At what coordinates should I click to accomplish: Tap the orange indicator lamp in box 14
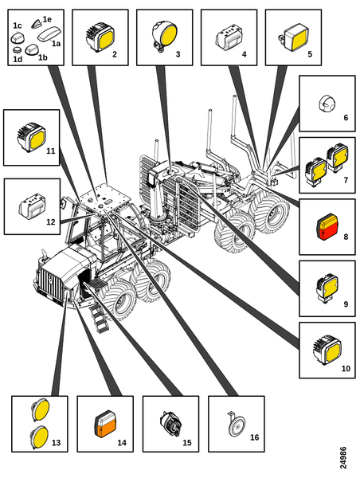click(105, 424)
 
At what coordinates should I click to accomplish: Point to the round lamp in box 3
click(164, 36)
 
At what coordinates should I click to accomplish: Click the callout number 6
click(346, 118)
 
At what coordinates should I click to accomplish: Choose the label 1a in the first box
click(56, 44)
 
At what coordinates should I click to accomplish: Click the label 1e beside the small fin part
click(47, 19)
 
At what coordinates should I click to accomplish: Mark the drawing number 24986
click(343, 457)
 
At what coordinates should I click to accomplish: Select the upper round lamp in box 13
click(40, 409)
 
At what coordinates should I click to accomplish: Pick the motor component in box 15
click(170, 424)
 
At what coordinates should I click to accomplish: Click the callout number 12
click(51, 221)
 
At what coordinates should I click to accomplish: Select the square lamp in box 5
click(293, 37)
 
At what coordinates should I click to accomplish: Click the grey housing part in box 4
click(229, 37)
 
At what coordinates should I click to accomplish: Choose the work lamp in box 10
click(327, 350)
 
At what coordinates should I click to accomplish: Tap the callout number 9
click(346, 304)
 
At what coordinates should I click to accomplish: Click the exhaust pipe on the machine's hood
click(44, 255)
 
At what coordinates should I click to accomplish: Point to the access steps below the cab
click(99, 318)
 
